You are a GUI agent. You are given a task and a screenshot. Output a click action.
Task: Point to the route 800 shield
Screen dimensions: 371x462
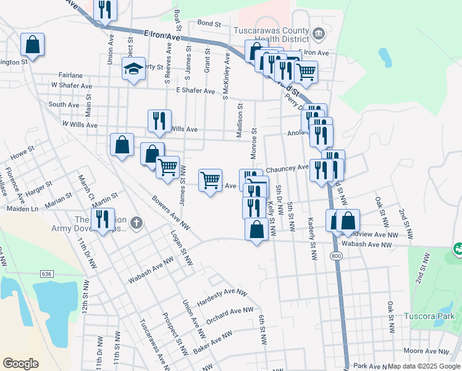click(336, 255)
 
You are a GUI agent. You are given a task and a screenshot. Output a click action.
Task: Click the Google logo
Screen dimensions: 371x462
click(21, 363)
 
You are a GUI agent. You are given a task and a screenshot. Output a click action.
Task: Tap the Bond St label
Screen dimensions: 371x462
click(209, 23)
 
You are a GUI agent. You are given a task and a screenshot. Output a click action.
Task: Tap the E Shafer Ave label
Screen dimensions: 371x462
click(195, 91)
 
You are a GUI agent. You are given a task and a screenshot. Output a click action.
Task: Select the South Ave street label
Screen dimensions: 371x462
click(64, 105)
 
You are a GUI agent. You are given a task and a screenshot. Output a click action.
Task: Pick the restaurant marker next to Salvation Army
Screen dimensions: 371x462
click(103, 219)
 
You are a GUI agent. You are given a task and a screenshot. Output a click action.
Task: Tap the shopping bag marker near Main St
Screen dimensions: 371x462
click(32, 45)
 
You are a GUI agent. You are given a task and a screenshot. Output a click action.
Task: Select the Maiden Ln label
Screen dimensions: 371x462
click(22, 209)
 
